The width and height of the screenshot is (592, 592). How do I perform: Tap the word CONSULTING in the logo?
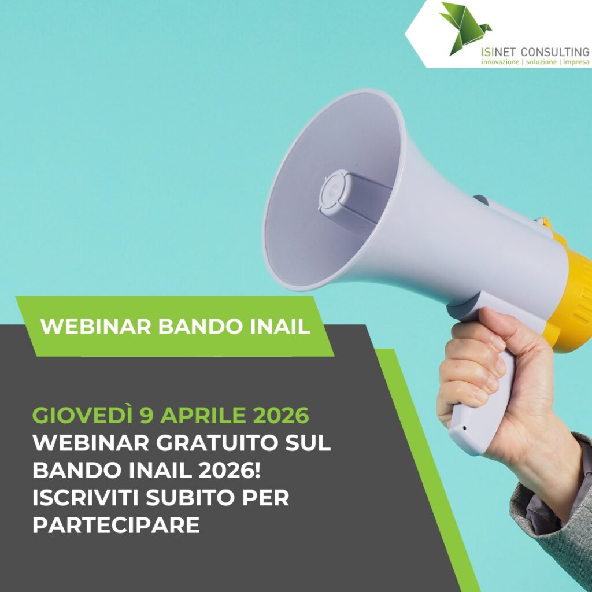(554, 51)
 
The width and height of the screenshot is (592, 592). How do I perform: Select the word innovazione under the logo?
(500, 62)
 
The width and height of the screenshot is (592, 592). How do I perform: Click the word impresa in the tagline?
(576, 62)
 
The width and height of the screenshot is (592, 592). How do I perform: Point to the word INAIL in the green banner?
(280, 326)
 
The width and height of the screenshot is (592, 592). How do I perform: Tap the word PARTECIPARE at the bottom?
(116, 525)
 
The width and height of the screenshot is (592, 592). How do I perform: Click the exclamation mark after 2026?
(257, 470)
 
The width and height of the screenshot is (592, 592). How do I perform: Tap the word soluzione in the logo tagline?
(541, 62)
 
